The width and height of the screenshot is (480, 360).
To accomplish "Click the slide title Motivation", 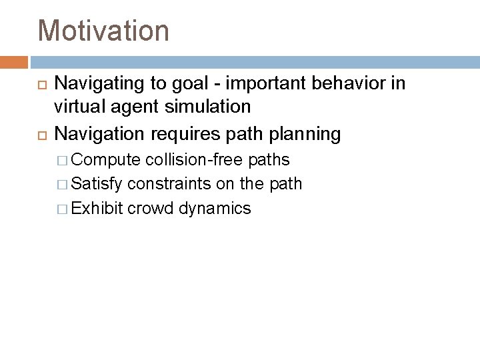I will [103, 30].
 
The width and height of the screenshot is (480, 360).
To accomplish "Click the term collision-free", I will [193, 160].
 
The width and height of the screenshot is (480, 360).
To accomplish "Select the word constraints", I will [169, 184].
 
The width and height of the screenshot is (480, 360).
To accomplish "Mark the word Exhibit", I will [97, 208].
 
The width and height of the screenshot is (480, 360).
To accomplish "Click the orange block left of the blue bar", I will [13, 62].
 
